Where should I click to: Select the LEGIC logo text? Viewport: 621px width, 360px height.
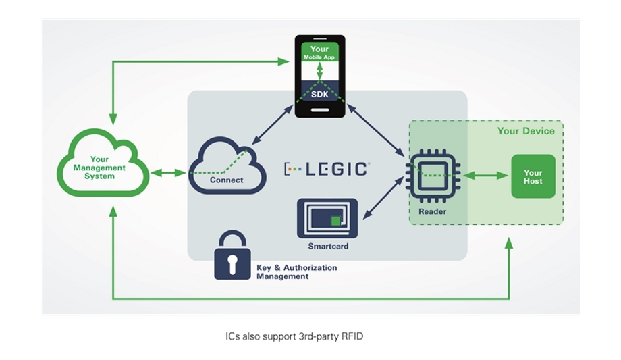pos(327,169)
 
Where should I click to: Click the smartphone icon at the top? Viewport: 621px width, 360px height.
pos(320,76)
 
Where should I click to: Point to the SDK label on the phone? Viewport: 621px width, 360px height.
pos(320,95)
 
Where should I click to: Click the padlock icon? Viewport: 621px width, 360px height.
pos(232,257)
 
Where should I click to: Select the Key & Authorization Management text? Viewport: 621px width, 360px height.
pos(296,272)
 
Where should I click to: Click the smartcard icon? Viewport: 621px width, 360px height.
pos(327,218)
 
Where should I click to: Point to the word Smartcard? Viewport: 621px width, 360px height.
pos(328,247)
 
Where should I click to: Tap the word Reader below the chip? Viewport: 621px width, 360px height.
pos(433,211)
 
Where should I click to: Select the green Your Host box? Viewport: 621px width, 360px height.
pos(533,176)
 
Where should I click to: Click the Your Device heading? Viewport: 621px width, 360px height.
pos(526,131)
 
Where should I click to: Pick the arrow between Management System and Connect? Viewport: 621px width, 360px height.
pos(168,173)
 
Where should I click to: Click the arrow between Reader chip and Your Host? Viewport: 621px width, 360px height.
pos(485,176)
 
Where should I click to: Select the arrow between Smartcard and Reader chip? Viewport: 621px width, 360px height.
pos(383,197)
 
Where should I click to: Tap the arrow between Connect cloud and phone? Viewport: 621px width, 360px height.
pos(272,125)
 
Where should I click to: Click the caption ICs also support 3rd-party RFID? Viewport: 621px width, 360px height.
pos(294,336)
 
